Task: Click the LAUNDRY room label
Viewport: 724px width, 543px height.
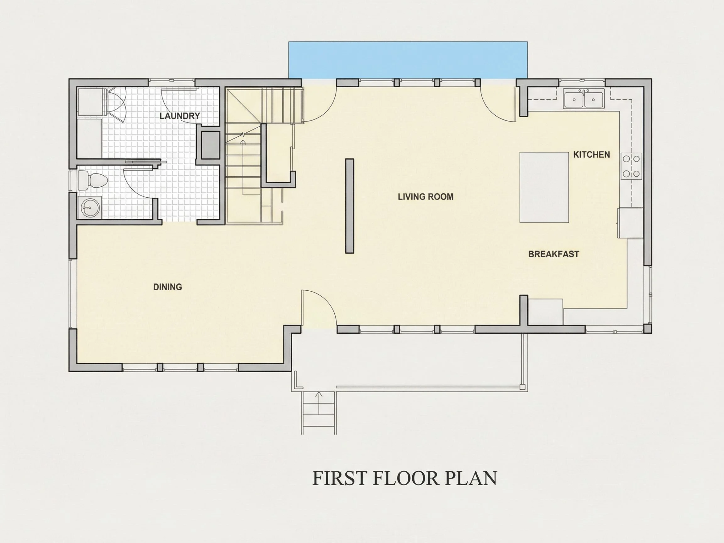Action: (x=180, y=116)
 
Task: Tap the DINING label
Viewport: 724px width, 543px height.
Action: (x=167, y=287)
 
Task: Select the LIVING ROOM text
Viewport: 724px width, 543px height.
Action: (x=425, y=197)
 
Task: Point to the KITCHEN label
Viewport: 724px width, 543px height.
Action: (x=591, y=155)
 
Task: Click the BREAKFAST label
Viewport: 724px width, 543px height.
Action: (x=554, y=254)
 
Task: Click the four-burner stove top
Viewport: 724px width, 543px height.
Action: (x=631, y=166)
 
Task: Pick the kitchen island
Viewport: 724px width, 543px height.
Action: (x=544, y=187)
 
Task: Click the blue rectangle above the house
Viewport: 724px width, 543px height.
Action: (x=408, y=60)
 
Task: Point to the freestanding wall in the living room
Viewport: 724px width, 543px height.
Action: (x=349, y=206)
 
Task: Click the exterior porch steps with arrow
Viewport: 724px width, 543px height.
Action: (x=319, y=413)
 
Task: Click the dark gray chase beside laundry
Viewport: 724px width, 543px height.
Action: (x=210, y=145)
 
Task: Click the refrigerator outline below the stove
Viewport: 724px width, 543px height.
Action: (x=630, y=223)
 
